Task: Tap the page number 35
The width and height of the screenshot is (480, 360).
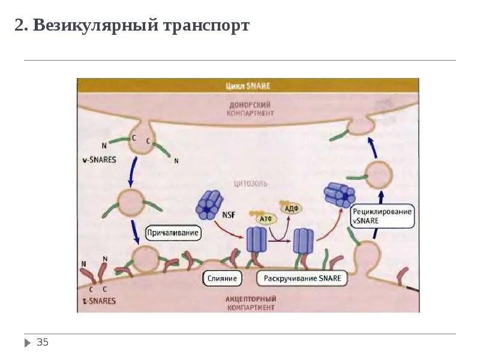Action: click(43, 343)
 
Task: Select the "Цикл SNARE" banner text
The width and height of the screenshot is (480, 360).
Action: click(248, 86)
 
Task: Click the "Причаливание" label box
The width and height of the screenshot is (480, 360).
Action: click(173, 232)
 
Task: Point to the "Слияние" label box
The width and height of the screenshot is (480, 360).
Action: click(222, 278)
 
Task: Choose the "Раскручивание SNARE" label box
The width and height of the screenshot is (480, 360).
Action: click(302, 278)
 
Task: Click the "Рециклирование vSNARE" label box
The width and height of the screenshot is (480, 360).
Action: click(382, 216)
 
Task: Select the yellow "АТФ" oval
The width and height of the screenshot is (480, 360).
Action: click(265, 219)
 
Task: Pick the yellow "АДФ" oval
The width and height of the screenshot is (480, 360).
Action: click(292, 208)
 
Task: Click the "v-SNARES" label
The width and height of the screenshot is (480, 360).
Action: click(100, 160)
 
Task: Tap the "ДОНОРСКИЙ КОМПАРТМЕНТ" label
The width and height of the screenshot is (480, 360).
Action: click(250, 109)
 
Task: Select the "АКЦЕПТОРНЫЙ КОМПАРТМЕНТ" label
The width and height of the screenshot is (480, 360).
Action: click(251, 302)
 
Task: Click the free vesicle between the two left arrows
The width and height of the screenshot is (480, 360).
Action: click(131, 202)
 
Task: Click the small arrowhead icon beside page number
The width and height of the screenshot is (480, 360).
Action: click(28, 343)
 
